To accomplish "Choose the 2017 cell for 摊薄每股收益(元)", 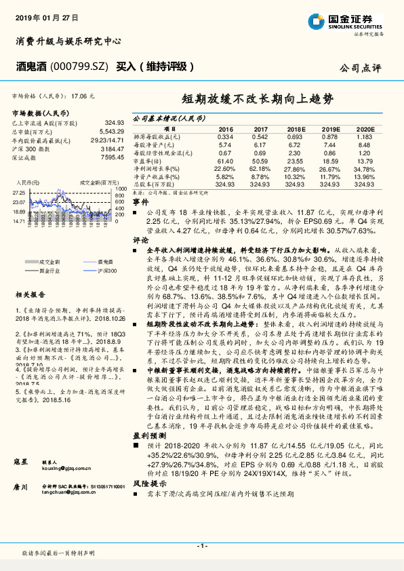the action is (260, 137).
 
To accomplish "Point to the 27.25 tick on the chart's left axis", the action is (19, 193).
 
